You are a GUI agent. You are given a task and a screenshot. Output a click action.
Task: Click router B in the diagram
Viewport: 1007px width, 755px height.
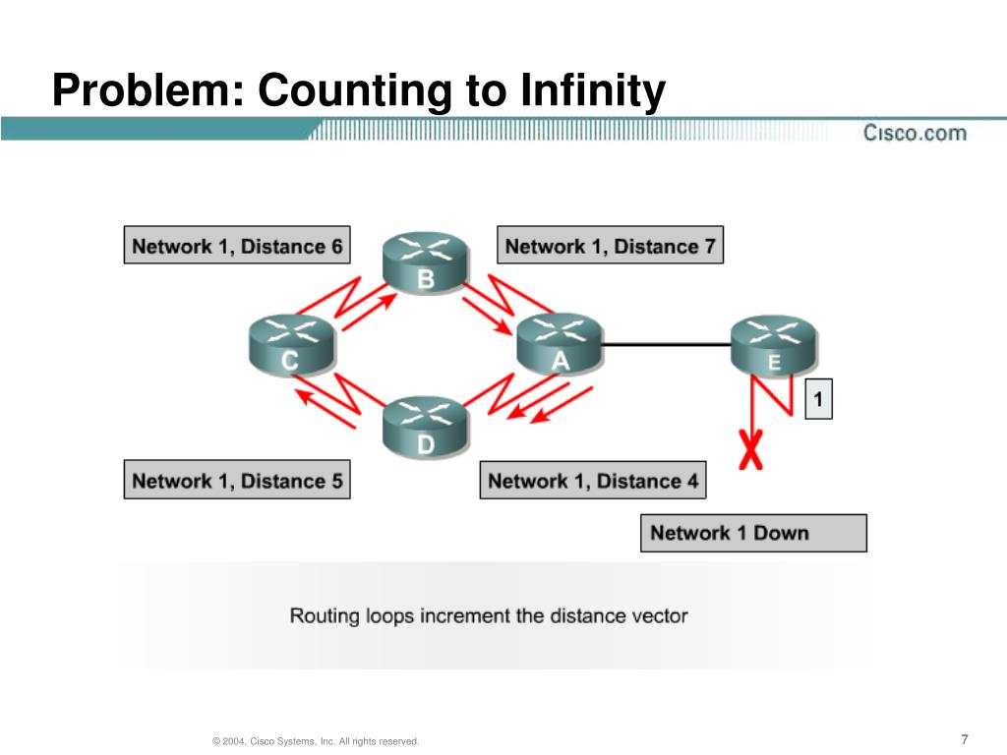pyautogui.click(x=425, y=261)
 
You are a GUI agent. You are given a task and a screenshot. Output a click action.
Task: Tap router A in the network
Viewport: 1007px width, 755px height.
pyautogui.click(x=558, y=343)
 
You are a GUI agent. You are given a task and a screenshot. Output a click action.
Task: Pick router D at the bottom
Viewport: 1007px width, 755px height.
pyautogui.click(x=425, y=427)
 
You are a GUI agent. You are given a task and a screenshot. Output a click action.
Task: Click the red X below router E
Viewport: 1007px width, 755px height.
pyautogui.click(x=752, y=451)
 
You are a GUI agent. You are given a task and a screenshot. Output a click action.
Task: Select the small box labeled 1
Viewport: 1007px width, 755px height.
pyautogui.click(x=818, y=399)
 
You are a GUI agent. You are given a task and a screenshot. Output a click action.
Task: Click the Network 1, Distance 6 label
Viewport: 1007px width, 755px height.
pyautogui.click(x=237, y=246)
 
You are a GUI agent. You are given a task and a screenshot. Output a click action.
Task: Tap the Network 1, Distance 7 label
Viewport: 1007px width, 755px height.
pyautogui.click(x=610, y=246)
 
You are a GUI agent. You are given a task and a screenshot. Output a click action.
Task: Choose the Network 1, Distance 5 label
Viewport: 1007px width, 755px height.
pyautogui.click(x=237, y=481)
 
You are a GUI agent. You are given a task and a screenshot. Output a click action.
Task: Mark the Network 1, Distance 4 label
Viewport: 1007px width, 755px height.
pyautogui.click(x=593, y=481)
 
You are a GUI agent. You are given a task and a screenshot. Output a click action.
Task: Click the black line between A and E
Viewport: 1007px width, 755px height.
pyautogui.click(x=665, y=344)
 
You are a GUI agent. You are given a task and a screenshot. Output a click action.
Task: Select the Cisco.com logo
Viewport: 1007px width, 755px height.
pyautogui.click(x=915, y=132)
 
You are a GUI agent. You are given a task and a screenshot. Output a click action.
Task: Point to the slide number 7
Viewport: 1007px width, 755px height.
pyautogui.click(x=965, y=739)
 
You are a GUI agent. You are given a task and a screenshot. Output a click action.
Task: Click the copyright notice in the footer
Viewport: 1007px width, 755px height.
pyautogui.click(x=316, y=741)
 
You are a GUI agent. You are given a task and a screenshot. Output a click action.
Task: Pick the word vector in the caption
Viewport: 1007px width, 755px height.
pyautogui.click(x=658, y=616)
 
